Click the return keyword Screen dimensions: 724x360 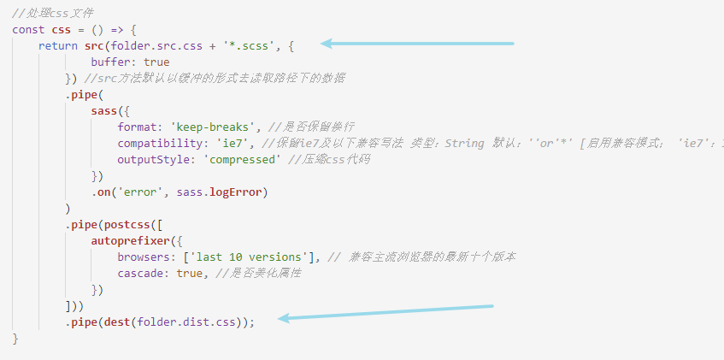coord(58,45)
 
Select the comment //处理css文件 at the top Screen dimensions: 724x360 coord(53,13)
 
